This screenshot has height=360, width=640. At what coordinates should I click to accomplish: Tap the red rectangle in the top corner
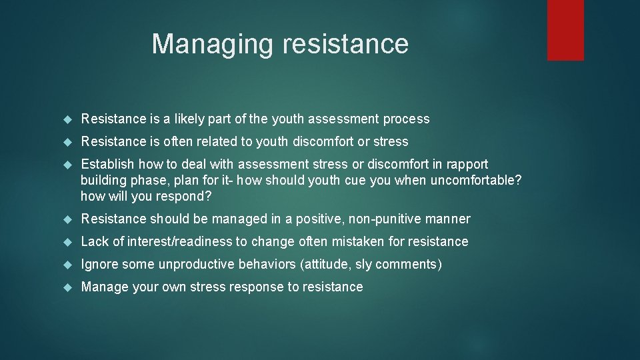point(565,30)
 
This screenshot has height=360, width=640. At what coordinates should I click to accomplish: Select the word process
point(406,119)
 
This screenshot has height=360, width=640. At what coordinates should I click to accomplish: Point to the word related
point(235,142)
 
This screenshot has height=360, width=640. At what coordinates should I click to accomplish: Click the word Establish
point(107,164)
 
